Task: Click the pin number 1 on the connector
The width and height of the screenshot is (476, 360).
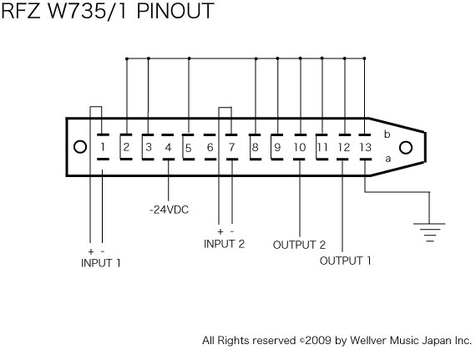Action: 103,147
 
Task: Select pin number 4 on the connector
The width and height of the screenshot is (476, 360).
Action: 168,147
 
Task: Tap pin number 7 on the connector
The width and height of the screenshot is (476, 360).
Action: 231,147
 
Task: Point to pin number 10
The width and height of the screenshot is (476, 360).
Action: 300,147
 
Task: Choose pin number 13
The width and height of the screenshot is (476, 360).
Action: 366,147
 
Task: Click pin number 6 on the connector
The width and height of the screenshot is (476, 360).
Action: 210,147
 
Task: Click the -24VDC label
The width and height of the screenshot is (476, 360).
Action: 169,210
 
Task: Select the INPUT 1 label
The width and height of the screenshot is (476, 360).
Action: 101,263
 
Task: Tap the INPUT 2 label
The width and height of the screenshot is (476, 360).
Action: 225,244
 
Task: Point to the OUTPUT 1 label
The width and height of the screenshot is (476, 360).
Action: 346,261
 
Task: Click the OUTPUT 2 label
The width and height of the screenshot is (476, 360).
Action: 299,245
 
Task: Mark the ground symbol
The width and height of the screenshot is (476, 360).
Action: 429,232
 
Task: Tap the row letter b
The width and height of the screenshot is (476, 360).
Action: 387,134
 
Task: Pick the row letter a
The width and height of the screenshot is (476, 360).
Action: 388,159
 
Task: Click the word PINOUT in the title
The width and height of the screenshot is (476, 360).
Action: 175,11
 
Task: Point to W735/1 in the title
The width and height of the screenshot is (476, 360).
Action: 88,11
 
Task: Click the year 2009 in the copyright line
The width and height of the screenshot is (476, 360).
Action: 318,340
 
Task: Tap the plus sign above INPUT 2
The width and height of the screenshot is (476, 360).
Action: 220,232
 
